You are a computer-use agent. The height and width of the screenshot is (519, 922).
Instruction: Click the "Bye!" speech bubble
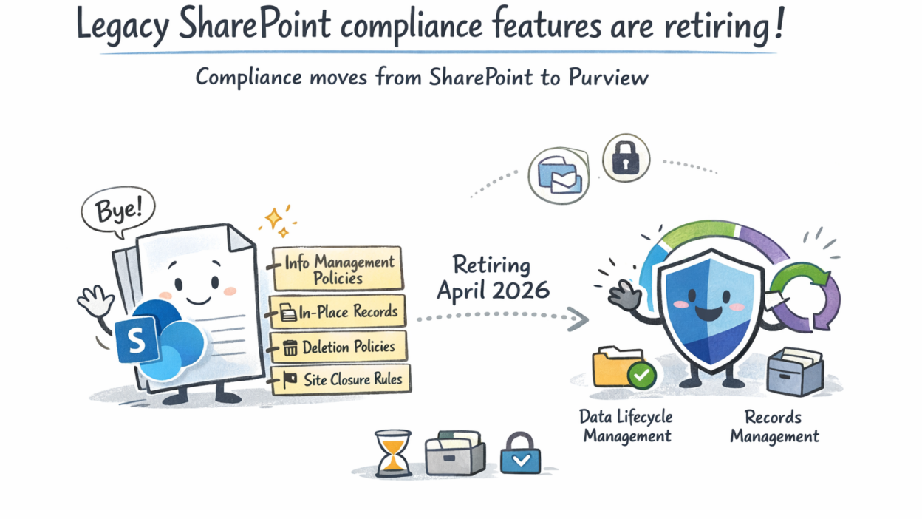(118, 211)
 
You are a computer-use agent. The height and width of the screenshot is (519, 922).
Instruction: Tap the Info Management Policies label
(338, 269)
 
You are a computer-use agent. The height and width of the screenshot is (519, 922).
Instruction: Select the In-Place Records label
(338, 312)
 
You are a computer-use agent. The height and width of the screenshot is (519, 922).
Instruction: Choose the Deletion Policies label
(339, 347)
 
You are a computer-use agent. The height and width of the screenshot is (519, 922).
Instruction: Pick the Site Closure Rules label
(341, 379)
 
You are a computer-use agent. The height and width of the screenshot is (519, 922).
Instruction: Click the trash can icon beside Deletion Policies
(290, 347)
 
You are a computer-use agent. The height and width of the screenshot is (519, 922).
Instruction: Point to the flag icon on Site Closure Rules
(290, 380)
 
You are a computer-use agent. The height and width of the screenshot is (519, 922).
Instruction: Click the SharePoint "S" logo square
(136, 340)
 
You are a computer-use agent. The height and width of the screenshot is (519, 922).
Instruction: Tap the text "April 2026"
(493, 291)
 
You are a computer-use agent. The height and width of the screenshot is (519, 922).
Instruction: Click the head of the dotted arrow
(579, 319)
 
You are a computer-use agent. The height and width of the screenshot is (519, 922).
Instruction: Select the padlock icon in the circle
(626, 157)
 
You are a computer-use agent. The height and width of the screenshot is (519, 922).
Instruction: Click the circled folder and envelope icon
(559, 176)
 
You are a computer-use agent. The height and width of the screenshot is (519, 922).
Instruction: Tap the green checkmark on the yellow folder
(641, 375)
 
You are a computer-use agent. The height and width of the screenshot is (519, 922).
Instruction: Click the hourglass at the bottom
(393, 453)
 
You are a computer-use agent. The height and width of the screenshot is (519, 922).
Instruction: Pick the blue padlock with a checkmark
(520, 453)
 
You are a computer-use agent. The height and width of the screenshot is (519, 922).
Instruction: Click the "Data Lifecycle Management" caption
(626, 426)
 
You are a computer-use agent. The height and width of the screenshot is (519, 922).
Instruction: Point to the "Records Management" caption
(774, 427)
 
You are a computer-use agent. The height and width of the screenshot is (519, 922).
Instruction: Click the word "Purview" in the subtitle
(608, 77)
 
